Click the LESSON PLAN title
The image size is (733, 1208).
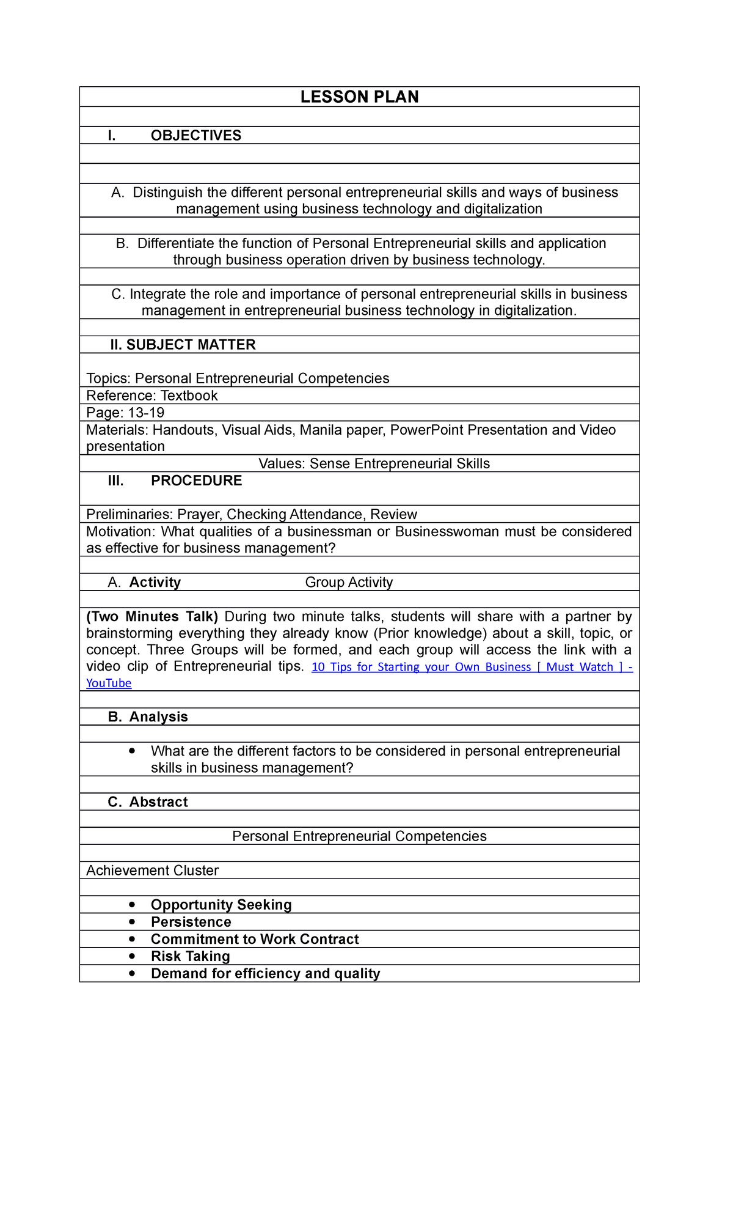[x=359, y=97]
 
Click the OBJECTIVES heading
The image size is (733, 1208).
[x=196, y=136]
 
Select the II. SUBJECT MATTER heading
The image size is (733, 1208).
[x=183, y=345]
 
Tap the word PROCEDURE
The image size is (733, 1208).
[x=196, y=481]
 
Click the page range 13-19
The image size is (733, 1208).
[x=146, y=413]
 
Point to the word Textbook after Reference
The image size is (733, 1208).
[x=189, y=396]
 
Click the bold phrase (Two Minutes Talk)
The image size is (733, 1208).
[x=152, y=616]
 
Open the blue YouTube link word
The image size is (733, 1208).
[x=109, y=683]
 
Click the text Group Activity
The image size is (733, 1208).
[x=349, y=582]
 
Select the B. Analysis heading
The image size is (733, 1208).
[x=148, y=716]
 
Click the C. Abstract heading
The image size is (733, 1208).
[x=148, y=802]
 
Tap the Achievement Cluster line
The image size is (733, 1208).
[x=152, y=871]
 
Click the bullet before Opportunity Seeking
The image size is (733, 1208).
[x=132, y=904]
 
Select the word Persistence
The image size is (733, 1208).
[x=191, y=922]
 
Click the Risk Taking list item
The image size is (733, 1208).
[x=191, y=956]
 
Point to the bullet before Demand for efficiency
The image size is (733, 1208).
[x=132, y=973]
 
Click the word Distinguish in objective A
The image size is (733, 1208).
[x=167, y=193]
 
